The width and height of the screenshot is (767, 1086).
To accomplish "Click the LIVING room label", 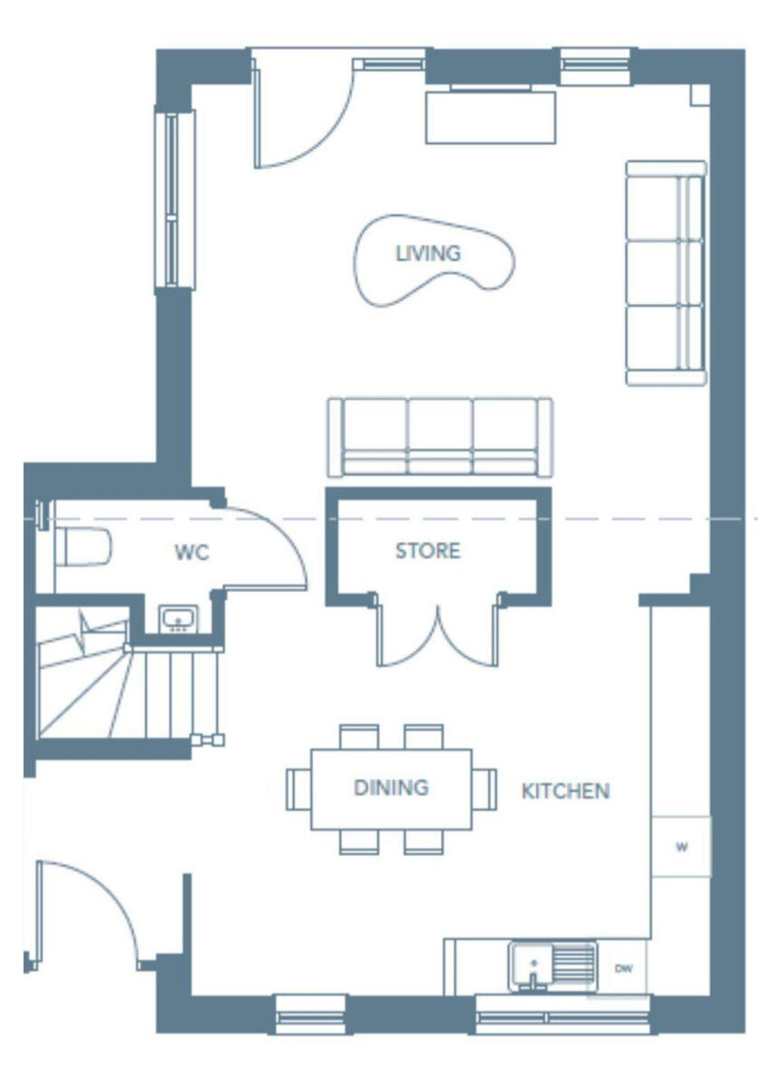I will (428, 253).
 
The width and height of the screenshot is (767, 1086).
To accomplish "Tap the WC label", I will (192, 552).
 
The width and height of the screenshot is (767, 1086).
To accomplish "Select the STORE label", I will (427, 550).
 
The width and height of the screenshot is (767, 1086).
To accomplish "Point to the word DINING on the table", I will (391, 787).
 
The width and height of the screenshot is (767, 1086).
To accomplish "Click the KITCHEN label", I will (565, 791).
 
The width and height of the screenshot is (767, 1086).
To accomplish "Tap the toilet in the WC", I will (84, 547).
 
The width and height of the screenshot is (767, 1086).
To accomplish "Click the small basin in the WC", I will (177, 620).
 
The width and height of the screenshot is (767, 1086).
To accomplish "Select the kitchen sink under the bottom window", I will (552, 965).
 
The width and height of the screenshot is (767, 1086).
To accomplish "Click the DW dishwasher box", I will (623, 968).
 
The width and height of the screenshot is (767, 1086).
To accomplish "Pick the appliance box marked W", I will (681, 847).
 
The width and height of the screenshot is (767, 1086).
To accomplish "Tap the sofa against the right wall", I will (666, 272).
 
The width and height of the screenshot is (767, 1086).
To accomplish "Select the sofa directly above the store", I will (440, 436).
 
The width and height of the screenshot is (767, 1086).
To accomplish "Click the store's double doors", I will (438, 633).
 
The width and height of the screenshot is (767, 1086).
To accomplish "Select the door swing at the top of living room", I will (298, 118).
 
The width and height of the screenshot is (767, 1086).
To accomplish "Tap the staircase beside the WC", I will (109, 683).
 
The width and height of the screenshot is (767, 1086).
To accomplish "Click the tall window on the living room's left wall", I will (175, 198).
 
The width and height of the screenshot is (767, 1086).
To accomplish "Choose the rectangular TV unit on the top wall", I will (490, 115).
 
